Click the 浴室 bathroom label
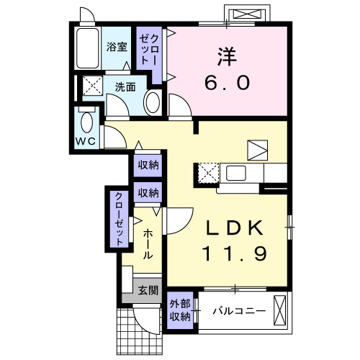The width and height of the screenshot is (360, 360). [117, 48]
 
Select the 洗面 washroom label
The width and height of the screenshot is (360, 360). [126, 86]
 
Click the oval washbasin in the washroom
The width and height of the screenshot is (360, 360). [153, 103]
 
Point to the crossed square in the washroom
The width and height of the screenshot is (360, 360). [91, 86]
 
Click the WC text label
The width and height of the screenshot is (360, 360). [87, 141]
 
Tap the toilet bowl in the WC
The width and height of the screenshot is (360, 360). [87, 120]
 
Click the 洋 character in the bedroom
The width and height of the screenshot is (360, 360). [225, 55]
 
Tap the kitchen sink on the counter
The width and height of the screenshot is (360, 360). [236, 173]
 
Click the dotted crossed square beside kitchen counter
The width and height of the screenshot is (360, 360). [207, 173]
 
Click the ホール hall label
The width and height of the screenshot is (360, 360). [147, 243]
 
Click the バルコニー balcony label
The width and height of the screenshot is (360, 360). [239, 311]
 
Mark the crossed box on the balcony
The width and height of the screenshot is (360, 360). [282, 311]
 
